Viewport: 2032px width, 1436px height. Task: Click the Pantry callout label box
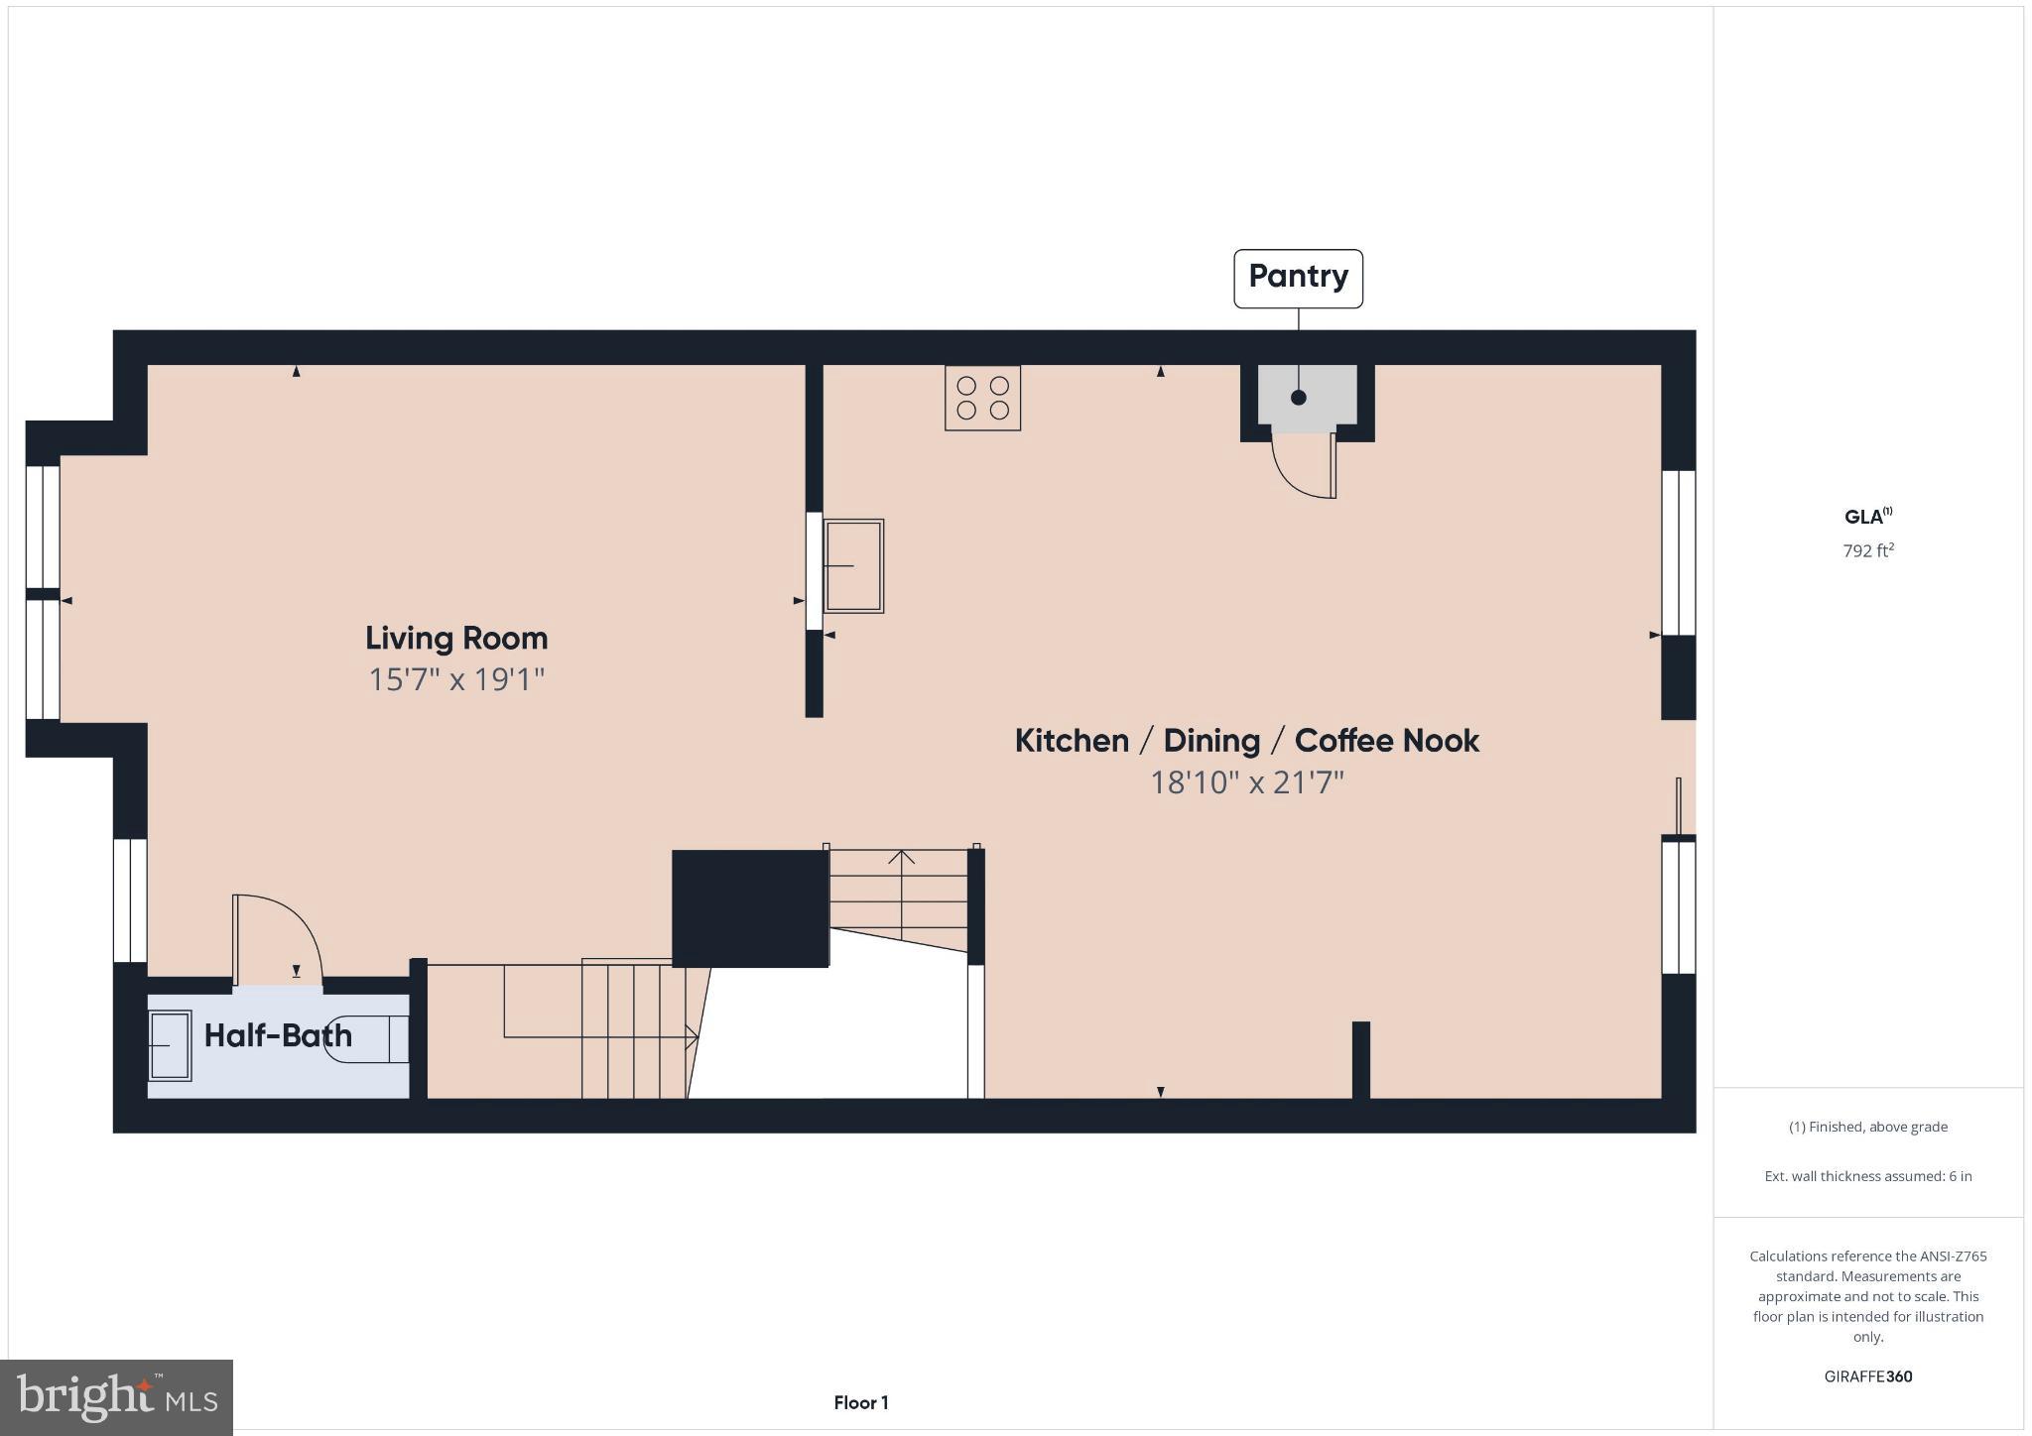[x=1297, y=279]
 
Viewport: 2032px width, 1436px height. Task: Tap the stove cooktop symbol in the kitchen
[x=982, y=398]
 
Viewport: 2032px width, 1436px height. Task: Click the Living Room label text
[x=456, y=638]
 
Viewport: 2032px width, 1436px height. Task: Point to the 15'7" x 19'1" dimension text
[x=456, y=680]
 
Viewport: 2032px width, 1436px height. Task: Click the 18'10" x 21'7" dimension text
[x=1246, y=783]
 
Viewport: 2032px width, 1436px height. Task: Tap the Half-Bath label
[x=278, y=1036]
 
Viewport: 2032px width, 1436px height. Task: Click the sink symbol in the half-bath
[x=170, y=1045]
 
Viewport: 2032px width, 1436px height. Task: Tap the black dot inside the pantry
[x=1298, y=398]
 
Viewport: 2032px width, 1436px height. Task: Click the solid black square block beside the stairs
[x=750, y=908]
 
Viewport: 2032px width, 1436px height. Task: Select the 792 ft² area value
[x=1868, y=550]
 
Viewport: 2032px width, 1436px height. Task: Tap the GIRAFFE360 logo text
[x=1867, y=1376]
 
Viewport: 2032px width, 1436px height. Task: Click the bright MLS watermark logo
[x=116, y=1398]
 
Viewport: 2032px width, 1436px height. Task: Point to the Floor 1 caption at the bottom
[x=860, y=1402]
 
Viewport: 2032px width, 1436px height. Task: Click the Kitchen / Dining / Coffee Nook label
[x=1246, y=741]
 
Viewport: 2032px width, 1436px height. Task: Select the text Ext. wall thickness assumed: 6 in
[x=1867, y=1176]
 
